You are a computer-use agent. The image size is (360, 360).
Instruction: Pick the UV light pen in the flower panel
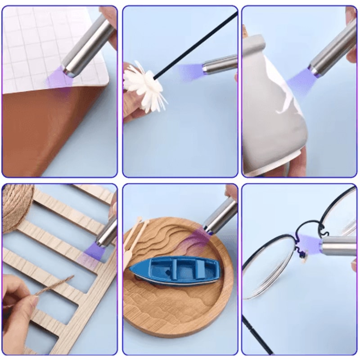tap(220, 64)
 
